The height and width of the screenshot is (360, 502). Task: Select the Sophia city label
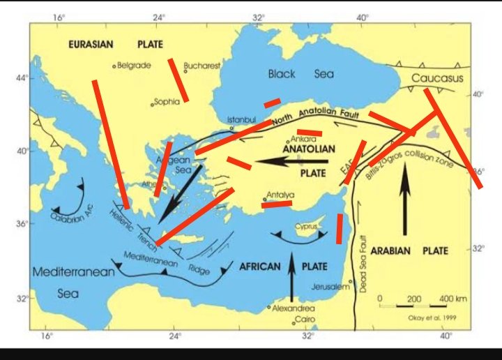(x=167, y=102)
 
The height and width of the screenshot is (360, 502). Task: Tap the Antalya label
(x=280, y=195)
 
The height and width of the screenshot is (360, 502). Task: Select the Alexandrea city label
(x=293, y=308)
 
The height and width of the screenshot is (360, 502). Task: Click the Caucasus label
(x=434, y=78)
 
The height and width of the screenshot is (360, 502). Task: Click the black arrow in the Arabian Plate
(x=404, y=202)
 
